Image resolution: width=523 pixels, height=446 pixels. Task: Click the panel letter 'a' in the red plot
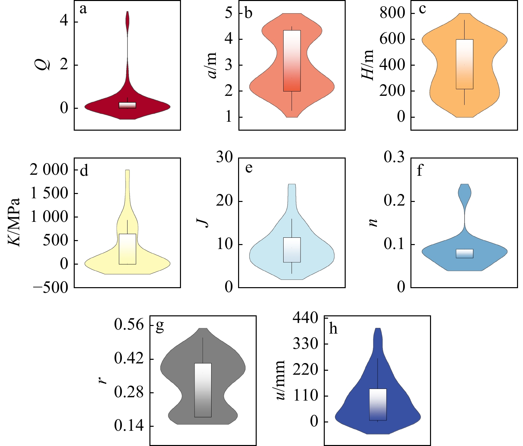(83, 9)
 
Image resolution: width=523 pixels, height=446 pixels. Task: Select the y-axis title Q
(43, 63)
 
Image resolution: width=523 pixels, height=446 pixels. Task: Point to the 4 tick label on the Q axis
(64, 21)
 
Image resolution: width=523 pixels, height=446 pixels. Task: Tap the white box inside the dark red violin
(128, 105)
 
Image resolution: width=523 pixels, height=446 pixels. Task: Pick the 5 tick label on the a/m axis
(228, 13)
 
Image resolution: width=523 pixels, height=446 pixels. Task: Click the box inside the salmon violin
(292, 61)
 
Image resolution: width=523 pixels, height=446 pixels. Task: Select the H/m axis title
(368, 65)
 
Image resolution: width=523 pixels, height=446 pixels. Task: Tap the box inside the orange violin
(465, 64)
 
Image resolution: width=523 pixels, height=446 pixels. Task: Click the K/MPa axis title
(14, 222)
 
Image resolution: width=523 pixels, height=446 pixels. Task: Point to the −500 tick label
(50, 287)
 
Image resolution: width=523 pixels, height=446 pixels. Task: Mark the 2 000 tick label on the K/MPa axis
(49, 170)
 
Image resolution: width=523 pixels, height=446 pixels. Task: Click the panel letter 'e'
(249, 168)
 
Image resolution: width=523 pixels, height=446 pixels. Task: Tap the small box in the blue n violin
(465, 253)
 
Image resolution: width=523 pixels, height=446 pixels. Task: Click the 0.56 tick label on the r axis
(129, 325)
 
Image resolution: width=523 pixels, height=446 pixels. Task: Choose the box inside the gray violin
(203, 390)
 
